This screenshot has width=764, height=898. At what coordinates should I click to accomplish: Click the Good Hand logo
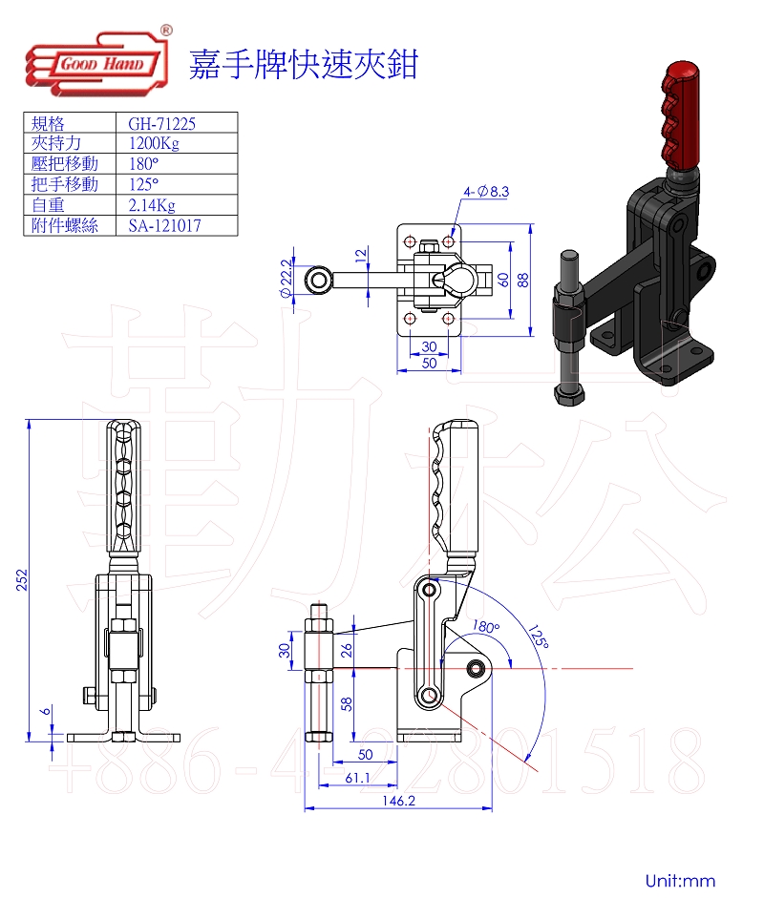point(98,62)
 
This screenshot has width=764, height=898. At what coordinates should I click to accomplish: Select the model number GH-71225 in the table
point(162,123)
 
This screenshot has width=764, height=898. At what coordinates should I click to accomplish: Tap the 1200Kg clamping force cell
point(154,143)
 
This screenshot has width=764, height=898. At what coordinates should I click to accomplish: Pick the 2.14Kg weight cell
point(152,205)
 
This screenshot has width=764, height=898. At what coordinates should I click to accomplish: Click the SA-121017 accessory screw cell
point(165,225)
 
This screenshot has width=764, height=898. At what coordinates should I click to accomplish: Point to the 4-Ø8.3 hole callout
point(486,192)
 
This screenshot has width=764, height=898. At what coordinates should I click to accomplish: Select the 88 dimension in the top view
point(522,280)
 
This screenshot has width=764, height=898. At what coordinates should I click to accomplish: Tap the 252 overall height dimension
point(22,579)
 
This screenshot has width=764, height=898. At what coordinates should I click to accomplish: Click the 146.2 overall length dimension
point(398,801)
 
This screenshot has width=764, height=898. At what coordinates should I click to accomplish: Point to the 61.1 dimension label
point(357,778)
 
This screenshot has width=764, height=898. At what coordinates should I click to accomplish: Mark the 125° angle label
point(539,637)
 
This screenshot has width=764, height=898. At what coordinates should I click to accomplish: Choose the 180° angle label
point(486,627)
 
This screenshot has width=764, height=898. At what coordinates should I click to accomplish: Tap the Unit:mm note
point(680,880)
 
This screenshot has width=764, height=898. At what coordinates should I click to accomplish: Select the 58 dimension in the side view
point(347,704)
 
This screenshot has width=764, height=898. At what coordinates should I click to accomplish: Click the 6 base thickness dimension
point(46,711)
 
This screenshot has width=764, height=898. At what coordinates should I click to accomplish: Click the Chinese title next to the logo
point(304,64)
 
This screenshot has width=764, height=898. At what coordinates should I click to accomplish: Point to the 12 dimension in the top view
point(361,256)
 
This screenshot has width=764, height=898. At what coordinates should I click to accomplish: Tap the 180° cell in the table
point(143,164)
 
